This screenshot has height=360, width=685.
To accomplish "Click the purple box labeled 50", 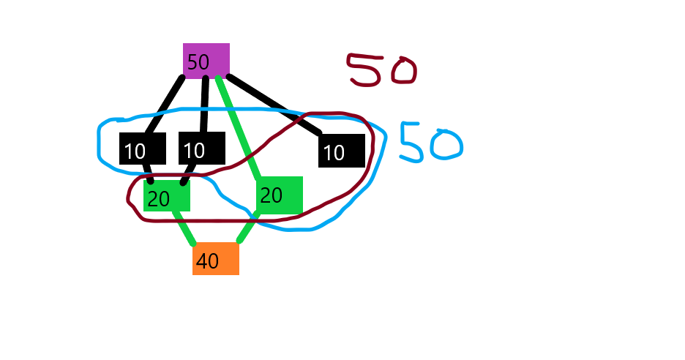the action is pos(206,61).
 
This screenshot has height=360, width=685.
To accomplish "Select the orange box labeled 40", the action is pos(216,258).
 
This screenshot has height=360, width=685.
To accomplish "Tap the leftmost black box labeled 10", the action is pos(143,149).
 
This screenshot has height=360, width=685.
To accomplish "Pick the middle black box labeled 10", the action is pos(202,148).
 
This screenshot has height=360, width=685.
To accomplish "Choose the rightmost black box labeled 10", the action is pos(342,151).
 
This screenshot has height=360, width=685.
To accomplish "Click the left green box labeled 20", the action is pos(167,195).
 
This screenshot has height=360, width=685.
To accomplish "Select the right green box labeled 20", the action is pos(280,195).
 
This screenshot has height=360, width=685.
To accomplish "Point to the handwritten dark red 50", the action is pos(382,70).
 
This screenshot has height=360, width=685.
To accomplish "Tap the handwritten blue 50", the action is pos(431,142).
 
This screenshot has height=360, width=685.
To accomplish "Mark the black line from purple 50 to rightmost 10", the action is pos(274,104).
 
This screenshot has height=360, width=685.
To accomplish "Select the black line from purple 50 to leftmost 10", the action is pos(164,105).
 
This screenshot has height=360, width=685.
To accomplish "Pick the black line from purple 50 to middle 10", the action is pos(204,105).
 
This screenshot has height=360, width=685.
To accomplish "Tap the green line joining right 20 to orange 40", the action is pos(248,227).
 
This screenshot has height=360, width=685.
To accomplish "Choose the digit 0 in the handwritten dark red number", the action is pos(404,71).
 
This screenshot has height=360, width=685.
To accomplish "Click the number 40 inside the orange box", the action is pos(208,260).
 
